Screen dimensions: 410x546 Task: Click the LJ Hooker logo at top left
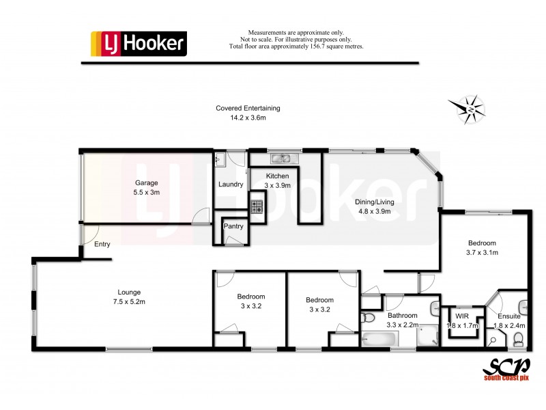(139, 44)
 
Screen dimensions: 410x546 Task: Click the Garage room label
(146, 183)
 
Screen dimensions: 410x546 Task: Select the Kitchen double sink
(281, 159)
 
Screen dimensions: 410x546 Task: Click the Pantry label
(233, 225)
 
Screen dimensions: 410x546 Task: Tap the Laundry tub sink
(220, 159)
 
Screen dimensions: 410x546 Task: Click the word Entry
(102, 244)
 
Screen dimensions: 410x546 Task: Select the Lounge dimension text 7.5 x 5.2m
(130, 301)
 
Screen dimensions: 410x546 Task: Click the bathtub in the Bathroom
(381, 338)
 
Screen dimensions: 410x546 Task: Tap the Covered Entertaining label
(248, 108)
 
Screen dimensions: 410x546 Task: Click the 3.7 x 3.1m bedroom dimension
(482, 252)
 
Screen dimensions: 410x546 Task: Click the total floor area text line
(296, 46)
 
